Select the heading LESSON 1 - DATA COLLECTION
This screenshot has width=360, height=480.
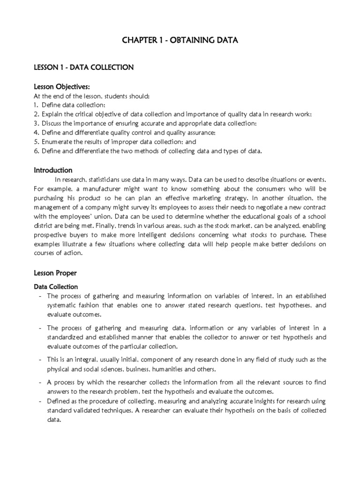point(83,67)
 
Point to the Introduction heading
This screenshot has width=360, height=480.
point(52,170)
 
